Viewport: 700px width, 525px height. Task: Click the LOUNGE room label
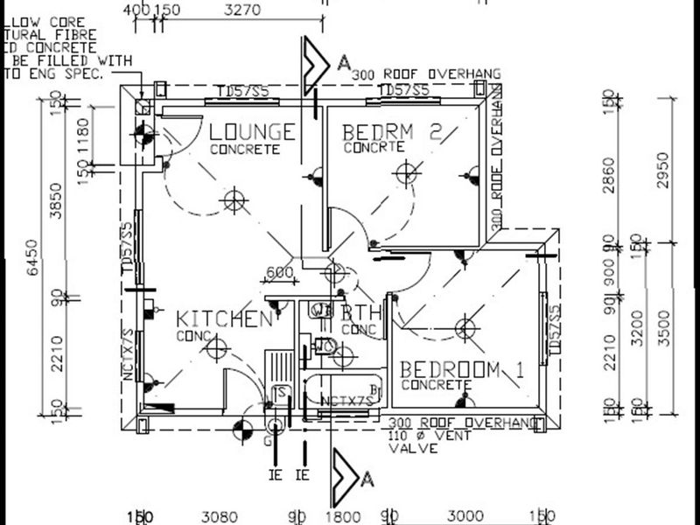click(x=252, y=132)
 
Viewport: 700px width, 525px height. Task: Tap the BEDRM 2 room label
click(x=393, y=132)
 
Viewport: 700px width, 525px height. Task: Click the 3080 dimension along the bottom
click(x=214, y=515)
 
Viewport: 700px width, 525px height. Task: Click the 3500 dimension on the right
click(x=662, y=331)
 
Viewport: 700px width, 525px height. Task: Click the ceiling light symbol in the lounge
click(x=233, y=201)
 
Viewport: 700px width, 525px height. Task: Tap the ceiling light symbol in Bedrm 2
click(x=404, y=172)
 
